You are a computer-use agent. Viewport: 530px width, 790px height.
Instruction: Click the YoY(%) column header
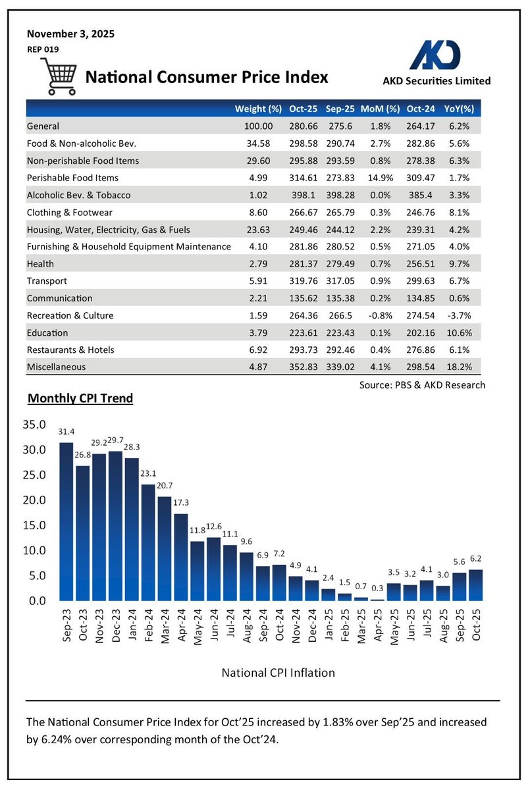(462, 109)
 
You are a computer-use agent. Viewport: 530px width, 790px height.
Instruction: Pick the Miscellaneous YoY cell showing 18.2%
(462, 367)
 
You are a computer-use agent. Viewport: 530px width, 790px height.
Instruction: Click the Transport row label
(47, 281)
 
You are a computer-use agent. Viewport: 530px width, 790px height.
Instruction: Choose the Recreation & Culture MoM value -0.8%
(384, 315)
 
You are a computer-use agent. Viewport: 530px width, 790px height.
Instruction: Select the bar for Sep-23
(66, 521)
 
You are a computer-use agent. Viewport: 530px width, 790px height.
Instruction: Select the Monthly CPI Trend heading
(80, 398)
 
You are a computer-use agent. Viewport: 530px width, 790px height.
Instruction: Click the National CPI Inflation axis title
(278, 672)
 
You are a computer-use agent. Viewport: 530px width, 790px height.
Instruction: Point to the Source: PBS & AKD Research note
(422, 384)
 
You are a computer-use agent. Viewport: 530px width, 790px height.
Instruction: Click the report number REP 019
(43, 48)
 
